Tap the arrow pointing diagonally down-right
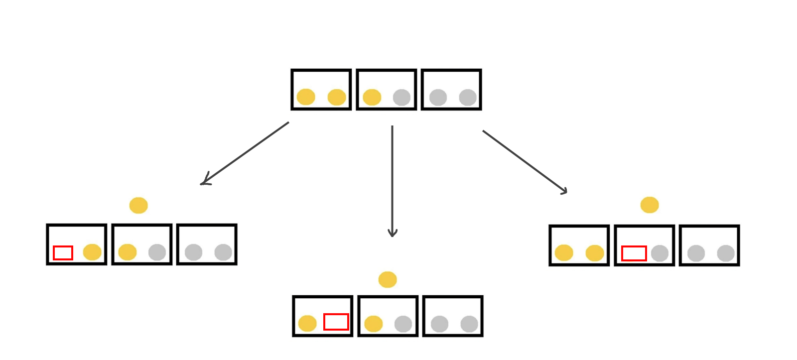pos(525,162)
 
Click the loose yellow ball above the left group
pos(138,205)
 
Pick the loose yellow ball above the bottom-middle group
pos(388,279)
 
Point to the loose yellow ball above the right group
pos(650,205)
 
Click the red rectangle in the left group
pos(63,253)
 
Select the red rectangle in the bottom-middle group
pos(336,322)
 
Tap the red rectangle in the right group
pos(634,253)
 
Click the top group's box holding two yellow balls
pos(321,90)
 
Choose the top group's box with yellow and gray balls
pos(387,90)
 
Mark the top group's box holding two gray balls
pos(451,90)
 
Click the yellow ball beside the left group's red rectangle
pos(92,252)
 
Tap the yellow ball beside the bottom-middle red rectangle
pos(307,323)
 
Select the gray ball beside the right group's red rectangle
pos(660,253)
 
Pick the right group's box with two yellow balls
pos(579,245)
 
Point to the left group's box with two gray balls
pos(207,244)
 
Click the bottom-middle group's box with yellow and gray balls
pos(388,316)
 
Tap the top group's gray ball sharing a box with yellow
pos(401,97)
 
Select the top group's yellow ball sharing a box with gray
pos(372,97)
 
